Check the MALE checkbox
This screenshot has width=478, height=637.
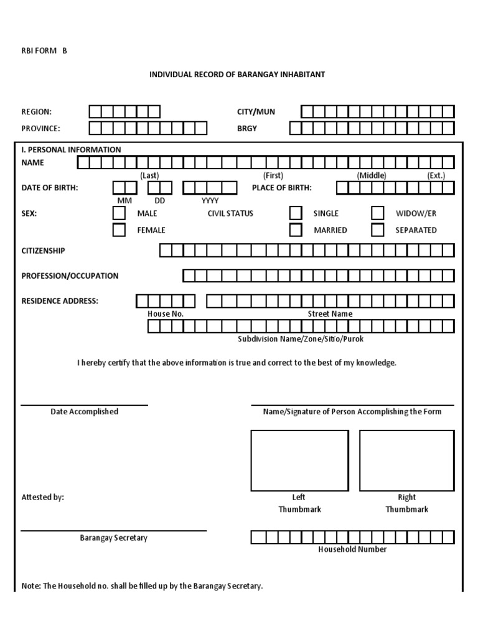(119, 213)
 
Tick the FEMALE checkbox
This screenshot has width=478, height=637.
(119, 230)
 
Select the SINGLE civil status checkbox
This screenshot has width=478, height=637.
(296, 213)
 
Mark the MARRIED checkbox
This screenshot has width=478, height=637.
(296, 230)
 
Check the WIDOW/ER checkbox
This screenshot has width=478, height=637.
(378, 213)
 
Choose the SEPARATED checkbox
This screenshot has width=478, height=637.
(378, 230)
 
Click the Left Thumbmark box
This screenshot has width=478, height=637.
(299, 460)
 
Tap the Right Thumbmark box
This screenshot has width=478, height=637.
(407, 460)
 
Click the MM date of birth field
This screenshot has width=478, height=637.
(124, 188)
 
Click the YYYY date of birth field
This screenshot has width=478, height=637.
(210, 188)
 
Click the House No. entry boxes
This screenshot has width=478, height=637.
(166, 301)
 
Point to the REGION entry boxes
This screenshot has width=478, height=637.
(124, 112)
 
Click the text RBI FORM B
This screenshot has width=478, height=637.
(44, 51)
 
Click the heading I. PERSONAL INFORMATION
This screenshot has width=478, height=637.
(72, 150)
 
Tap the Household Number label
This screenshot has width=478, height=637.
(352, 549)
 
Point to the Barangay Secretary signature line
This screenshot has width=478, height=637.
(113, 531)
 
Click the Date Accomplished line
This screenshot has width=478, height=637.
(84, 405)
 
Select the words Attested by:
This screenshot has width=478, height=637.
(42, 498)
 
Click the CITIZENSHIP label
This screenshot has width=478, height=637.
(43, 251)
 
